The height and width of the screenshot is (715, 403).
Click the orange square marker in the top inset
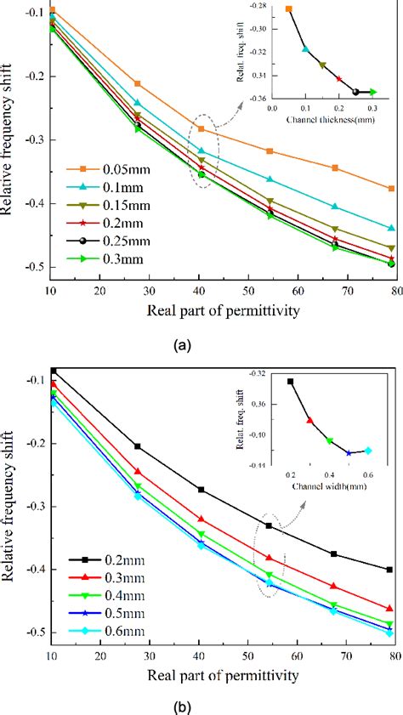(x=289, y=9)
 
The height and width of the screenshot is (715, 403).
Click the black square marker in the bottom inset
(x=290, y=382)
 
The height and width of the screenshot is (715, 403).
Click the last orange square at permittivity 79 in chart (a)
(x=391, y=188)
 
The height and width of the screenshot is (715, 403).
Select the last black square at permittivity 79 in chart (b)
(x=389, y=570)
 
